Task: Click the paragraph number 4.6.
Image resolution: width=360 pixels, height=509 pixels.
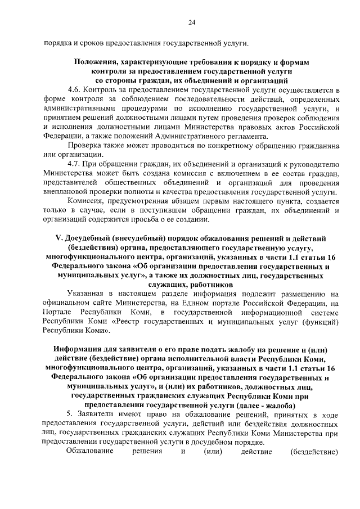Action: click(x=73, y=89)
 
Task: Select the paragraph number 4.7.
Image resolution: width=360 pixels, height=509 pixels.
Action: click(x=73, y=164)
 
